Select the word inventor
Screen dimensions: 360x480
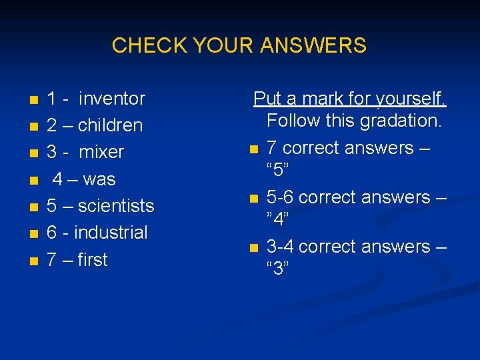[x=111, y=99]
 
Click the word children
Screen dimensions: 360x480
[x=111, y=125]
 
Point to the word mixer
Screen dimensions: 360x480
[x=101, y=152]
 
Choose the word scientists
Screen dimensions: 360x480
[x=116, y=206]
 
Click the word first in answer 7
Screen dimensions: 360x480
[x=92, y=259]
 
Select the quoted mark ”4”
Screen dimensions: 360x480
[x=277, y=219]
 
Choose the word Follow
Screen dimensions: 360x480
[x=294, y=121]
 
